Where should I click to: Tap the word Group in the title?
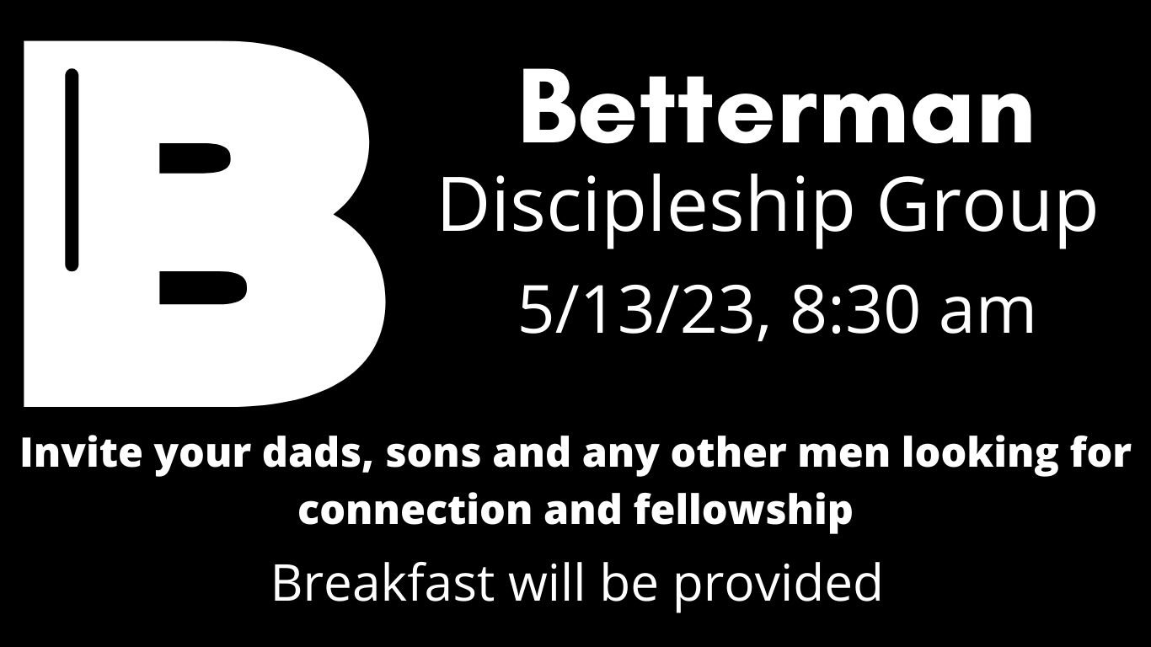coord(987,208)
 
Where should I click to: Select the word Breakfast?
coord(383,582)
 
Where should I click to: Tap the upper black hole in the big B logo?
coord(195,159)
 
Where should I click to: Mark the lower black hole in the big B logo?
coord(202,286)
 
